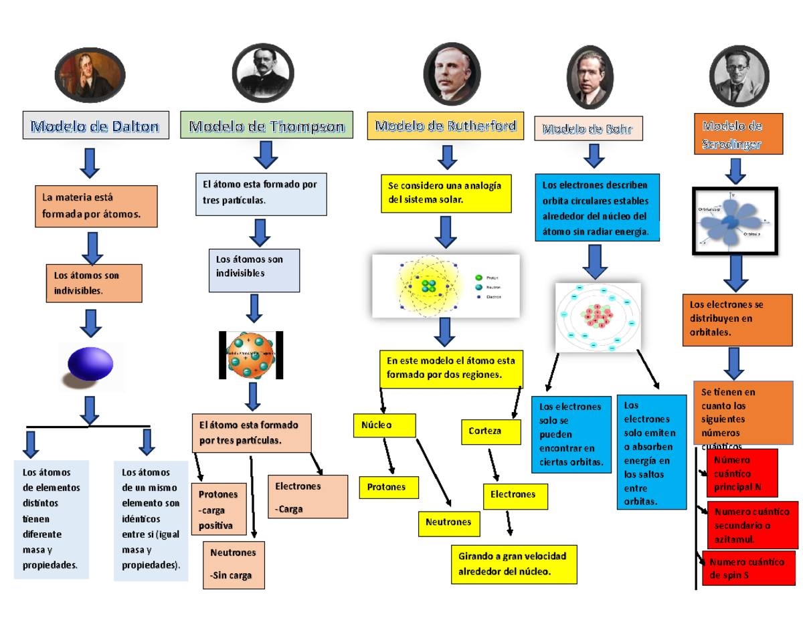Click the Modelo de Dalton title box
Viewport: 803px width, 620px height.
(x=95, y=125)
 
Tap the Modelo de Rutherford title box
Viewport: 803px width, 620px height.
(x=445, y=126)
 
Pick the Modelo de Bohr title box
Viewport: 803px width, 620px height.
(x=588, y=128)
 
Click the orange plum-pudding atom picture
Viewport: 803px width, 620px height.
(x=252, y=354)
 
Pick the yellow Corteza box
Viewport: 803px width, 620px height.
(x=490, y=431)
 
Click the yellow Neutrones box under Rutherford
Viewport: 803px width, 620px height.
(x=449, y=522)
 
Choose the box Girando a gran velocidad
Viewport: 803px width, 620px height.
(x=513, y=564)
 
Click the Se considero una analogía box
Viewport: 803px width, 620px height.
(x=445, y=191)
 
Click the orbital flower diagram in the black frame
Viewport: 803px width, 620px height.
(x=735, y=221)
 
